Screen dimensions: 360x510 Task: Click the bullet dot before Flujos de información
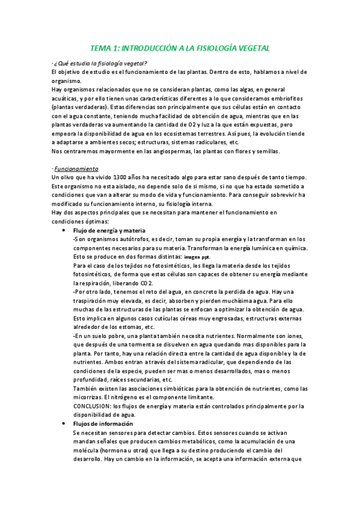tap(64, 424)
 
